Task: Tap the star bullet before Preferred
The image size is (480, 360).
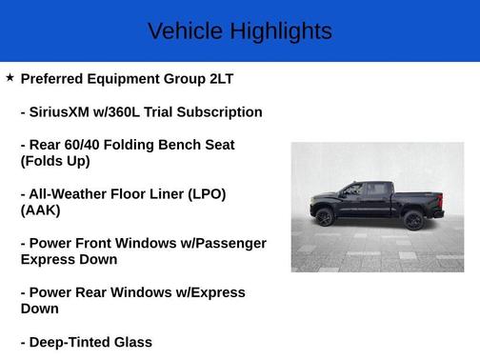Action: point(10,77)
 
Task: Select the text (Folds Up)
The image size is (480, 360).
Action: point(55,161)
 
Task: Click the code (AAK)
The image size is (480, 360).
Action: point(40,210)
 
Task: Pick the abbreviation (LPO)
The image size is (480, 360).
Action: point(203,194)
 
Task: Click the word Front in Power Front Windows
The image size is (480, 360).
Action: point(107,244)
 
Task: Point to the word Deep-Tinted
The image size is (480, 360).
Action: point(75,343)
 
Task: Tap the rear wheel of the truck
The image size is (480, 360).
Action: point(413,221)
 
